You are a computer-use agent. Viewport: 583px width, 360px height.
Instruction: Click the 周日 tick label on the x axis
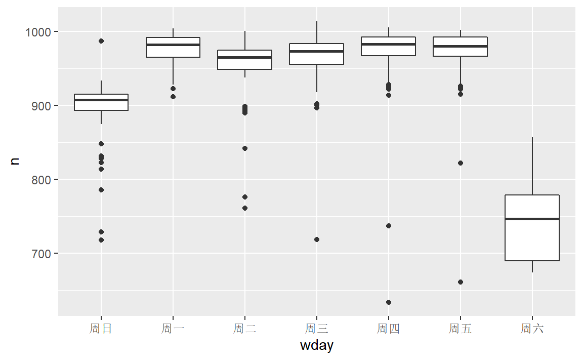101,329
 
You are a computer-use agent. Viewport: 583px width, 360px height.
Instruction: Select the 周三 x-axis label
317,329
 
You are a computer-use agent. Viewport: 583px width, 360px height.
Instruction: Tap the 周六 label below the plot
532,329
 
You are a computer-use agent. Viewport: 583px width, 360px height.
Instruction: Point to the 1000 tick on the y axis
39,32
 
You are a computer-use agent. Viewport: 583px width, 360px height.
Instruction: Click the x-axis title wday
317,346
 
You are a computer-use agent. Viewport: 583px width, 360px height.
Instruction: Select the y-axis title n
15,161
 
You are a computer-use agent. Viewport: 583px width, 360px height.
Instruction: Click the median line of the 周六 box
532,219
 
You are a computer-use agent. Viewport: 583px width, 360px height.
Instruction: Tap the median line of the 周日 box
101,100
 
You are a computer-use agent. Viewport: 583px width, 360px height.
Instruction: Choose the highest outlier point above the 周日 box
101,41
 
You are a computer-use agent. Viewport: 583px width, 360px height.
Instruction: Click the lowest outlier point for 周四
389,302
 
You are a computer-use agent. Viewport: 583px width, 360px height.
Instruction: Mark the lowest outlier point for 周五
461,282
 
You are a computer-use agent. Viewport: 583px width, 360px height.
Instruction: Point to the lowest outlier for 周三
317,239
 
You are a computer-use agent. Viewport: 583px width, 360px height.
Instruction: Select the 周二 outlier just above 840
245,148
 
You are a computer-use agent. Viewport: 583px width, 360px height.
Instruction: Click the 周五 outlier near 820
461,163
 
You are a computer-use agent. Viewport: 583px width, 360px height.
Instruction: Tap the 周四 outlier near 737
389,226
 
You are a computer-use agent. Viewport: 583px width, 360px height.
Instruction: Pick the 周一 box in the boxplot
173,47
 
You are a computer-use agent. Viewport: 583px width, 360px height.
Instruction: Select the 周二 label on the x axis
245,329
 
